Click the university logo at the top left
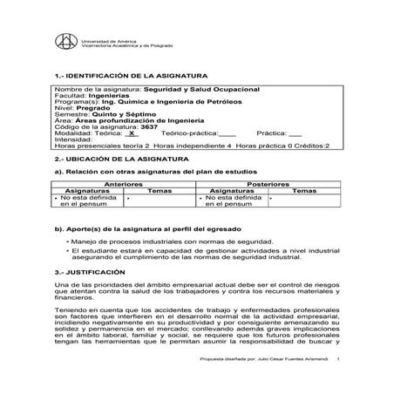point(65,43)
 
